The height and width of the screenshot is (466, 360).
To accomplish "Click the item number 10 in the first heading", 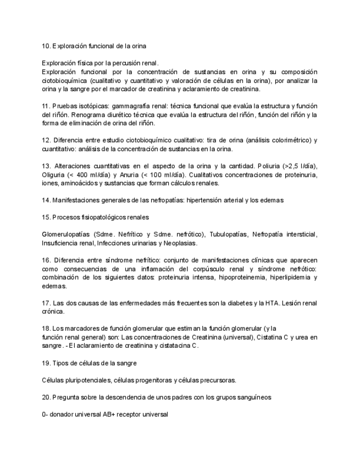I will (46, 45).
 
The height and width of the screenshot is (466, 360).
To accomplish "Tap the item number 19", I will (46, 363).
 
